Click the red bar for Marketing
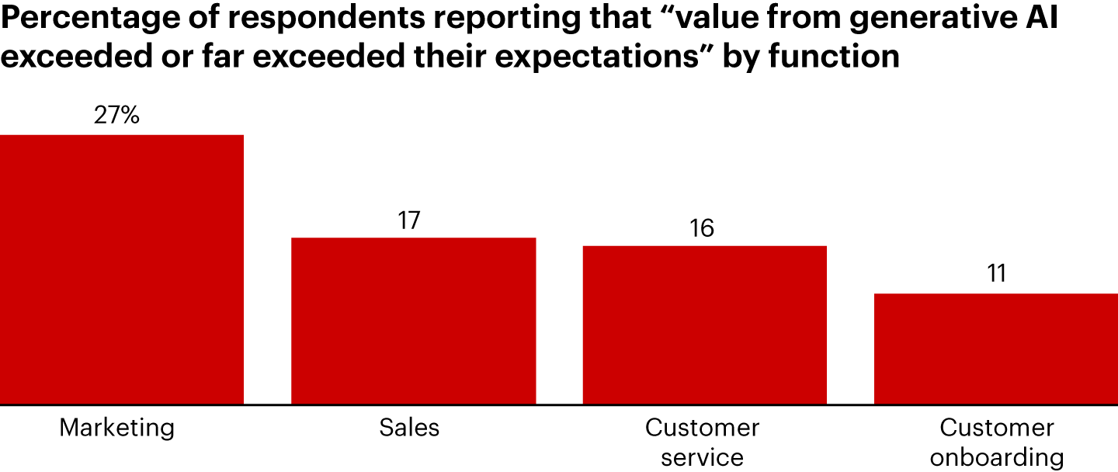pyautogui.click(x=122, y=269)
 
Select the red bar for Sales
pyautogui.click(x=413, y=321)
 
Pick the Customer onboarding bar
pyautogui.click(x=995, y=349)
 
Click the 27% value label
pyautogui.click(x=117, y=116)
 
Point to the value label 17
pyautogui.click(x=409, y=220)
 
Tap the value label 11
pyautogui.click(x=996, y=274)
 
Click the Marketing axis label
pyautogui.click(x=117, y=428)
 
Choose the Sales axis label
pyautogui.click(x=409, y=428)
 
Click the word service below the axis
pyautogui.click(x=703, y=456)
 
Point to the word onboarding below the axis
pyautogui.click(x=997, y=456)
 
